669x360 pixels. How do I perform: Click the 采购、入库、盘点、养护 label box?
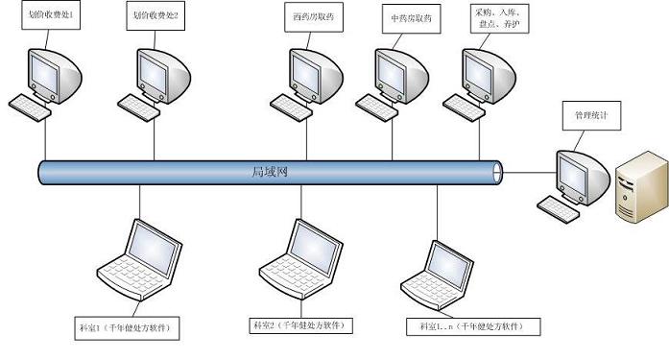pos(501,20)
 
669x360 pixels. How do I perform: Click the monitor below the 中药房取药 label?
pos(400,71)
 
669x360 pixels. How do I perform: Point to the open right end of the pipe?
pos(496,172)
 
